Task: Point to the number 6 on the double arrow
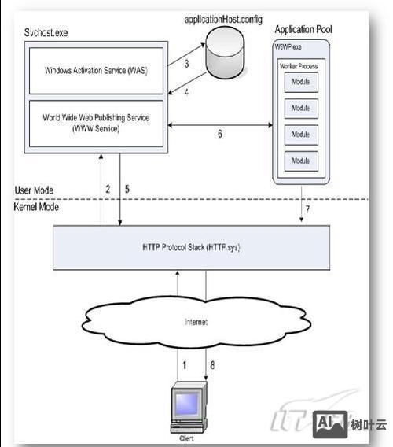[x=219, y=135]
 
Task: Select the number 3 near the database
[x=185, y=63]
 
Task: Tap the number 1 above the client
[x=185, y=364]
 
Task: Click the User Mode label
[x=34, y=191]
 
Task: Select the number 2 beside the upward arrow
[x=108, y=189]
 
